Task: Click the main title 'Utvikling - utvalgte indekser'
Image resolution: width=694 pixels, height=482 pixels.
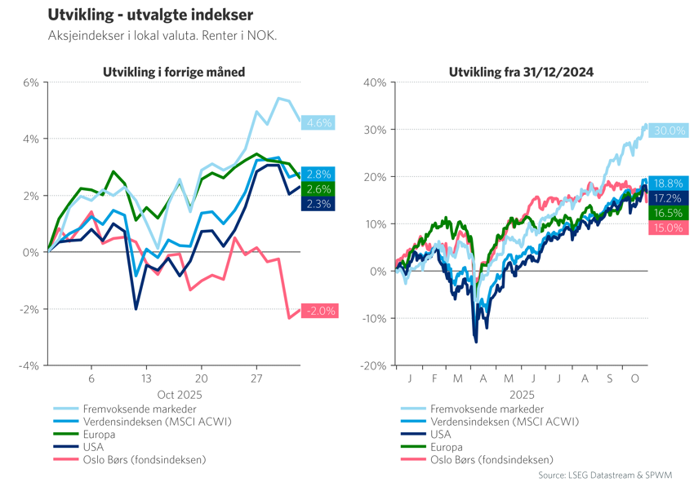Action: point(149,15)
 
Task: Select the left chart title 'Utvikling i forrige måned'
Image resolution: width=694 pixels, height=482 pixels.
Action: point(174,73)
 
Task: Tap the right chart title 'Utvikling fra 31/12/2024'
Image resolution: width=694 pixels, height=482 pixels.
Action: point(521,73)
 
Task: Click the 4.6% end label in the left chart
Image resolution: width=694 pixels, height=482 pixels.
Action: point(318,123)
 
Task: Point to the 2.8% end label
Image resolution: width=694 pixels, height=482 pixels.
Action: point(318,175)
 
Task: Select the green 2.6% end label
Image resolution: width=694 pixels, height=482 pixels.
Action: point(318,189)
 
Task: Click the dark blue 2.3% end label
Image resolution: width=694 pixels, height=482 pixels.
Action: point(318,204)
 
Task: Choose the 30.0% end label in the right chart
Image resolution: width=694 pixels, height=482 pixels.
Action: point(670,130)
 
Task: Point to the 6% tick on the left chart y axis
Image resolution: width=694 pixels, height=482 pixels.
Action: point(30,82)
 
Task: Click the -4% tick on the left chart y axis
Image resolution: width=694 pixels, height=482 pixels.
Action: point(29,365)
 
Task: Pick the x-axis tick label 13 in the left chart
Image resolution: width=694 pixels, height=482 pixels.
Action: point(146,379)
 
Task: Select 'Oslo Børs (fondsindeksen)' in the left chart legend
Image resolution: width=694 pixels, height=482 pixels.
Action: point(144,460)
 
